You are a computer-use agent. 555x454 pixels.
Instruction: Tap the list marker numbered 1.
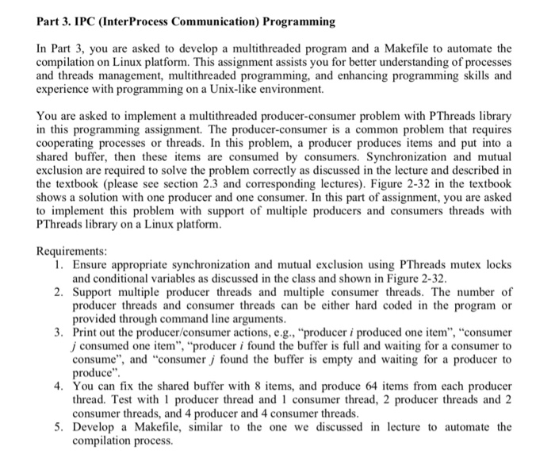(x=59, y=264)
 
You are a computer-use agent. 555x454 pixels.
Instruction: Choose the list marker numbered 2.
(x=59, y=293)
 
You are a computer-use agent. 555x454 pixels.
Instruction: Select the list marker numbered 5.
(x=59, y=426)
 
